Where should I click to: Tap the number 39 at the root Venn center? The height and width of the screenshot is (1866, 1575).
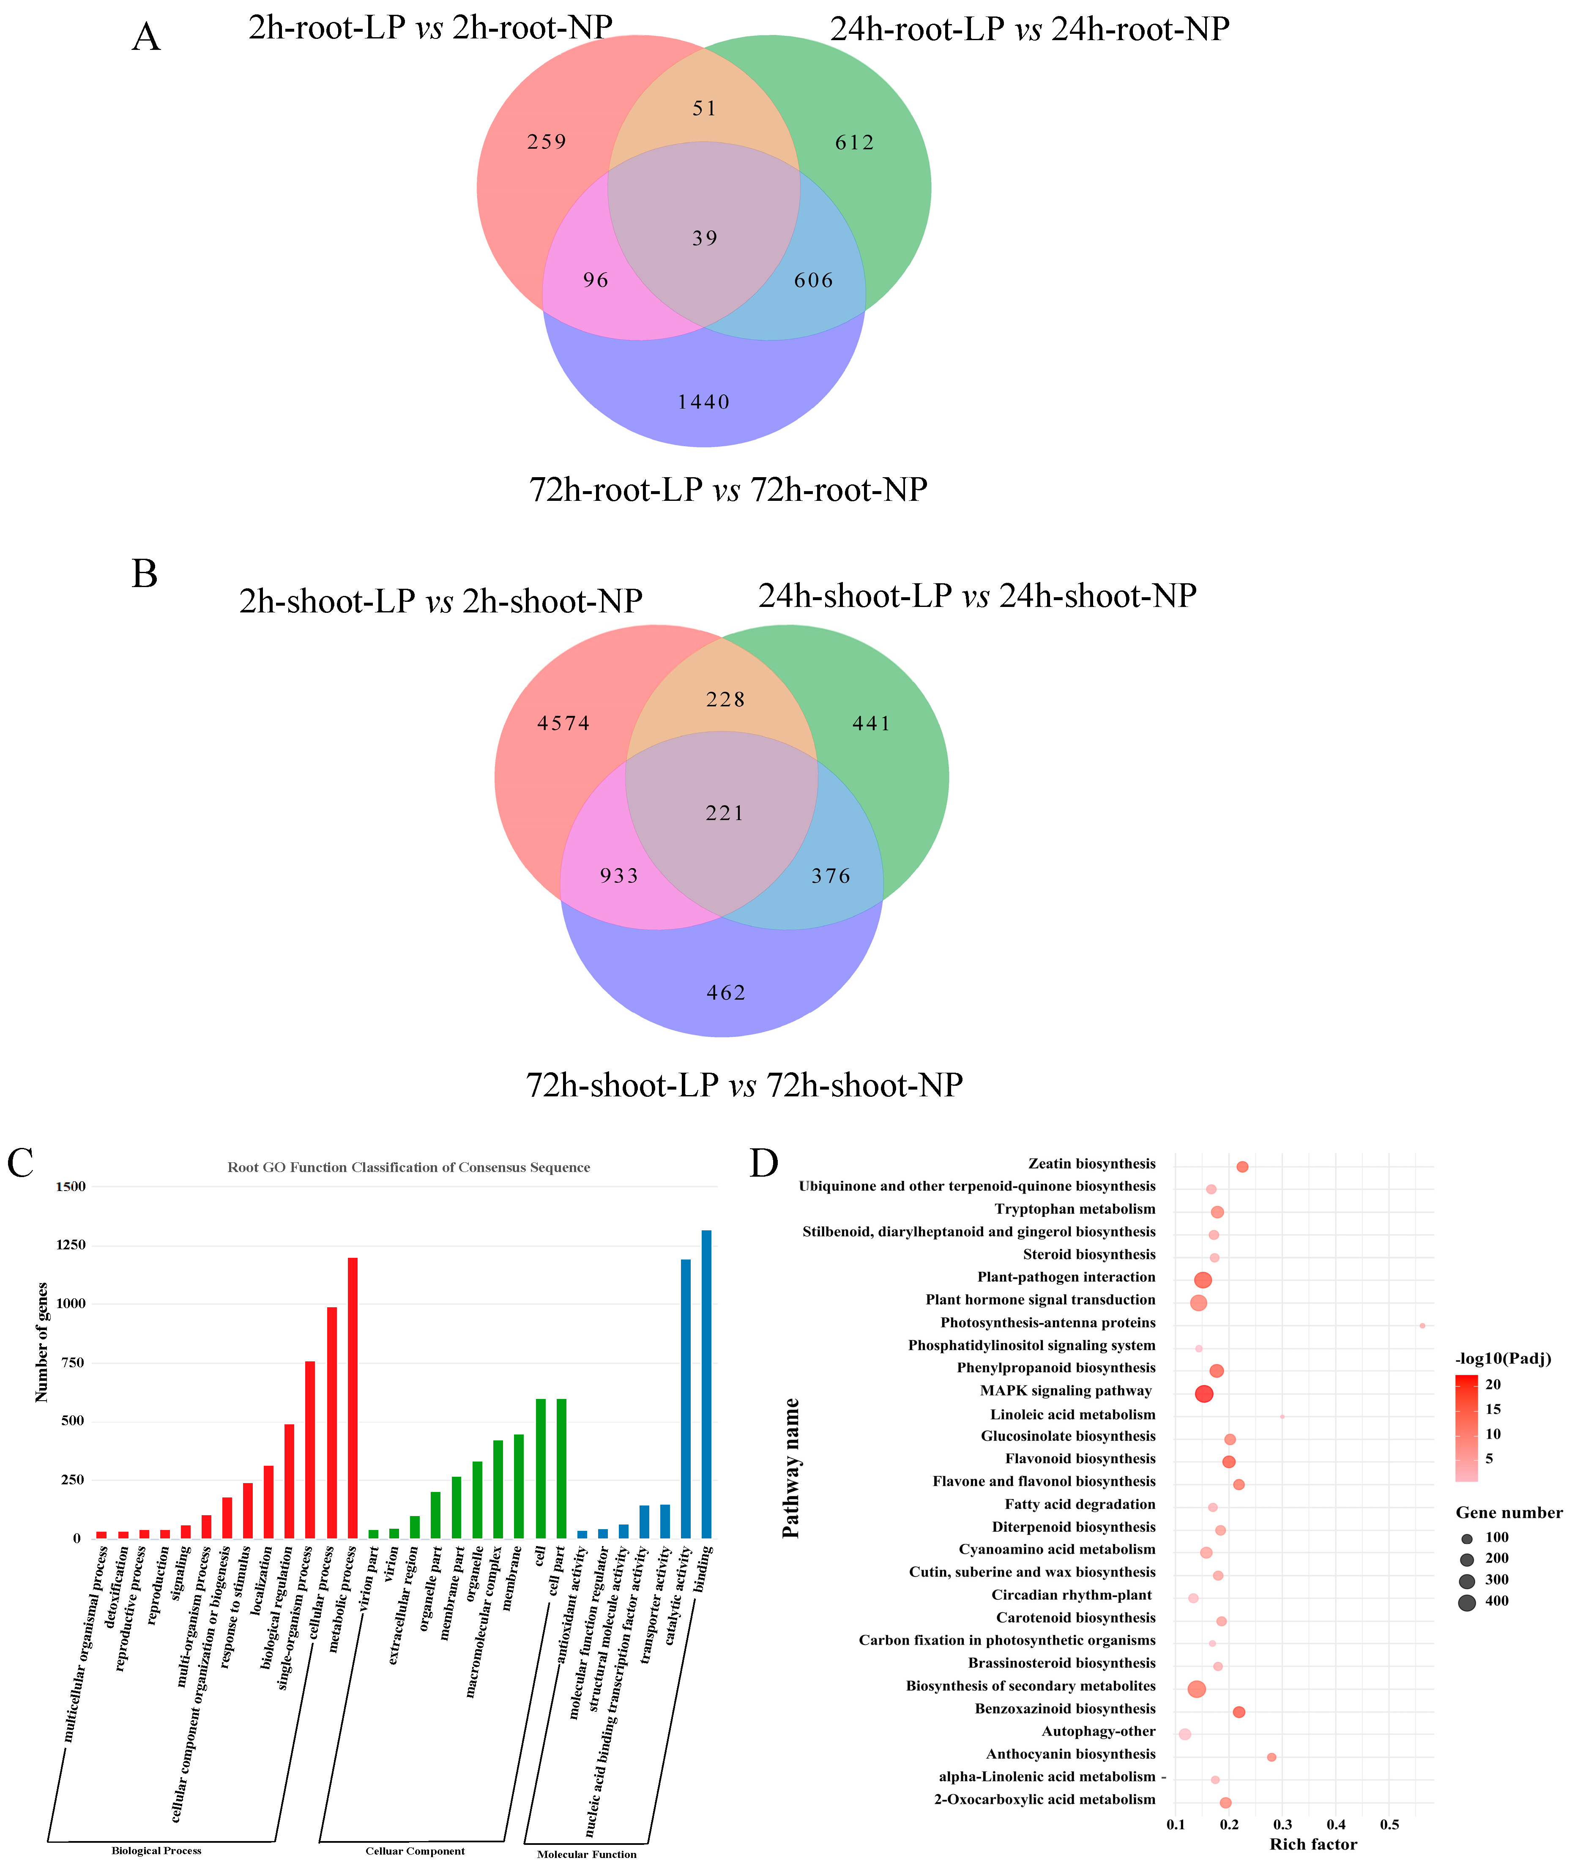(705, 238)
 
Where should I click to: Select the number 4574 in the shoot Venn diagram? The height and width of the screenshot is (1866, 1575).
(563, 723)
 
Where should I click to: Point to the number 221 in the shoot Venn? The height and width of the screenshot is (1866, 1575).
(724, 813)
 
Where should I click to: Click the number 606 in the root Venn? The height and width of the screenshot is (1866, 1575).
(813, 280)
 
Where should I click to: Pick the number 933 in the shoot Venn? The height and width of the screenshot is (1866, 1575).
(619, 876)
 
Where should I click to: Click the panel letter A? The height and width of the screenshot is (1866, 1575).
(146, 38)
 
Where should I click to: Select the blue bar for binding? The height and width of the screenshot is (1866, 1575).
(706, 1384)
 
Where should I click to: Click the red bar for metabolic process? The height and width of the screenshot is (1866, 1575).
(353, 1397)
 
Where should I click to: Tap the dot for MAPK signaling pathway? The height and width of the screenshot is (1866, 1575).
(1203, 1394)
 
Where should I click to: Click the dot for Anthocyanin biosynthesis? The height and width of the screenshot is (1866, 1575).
(1271, 1757)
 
